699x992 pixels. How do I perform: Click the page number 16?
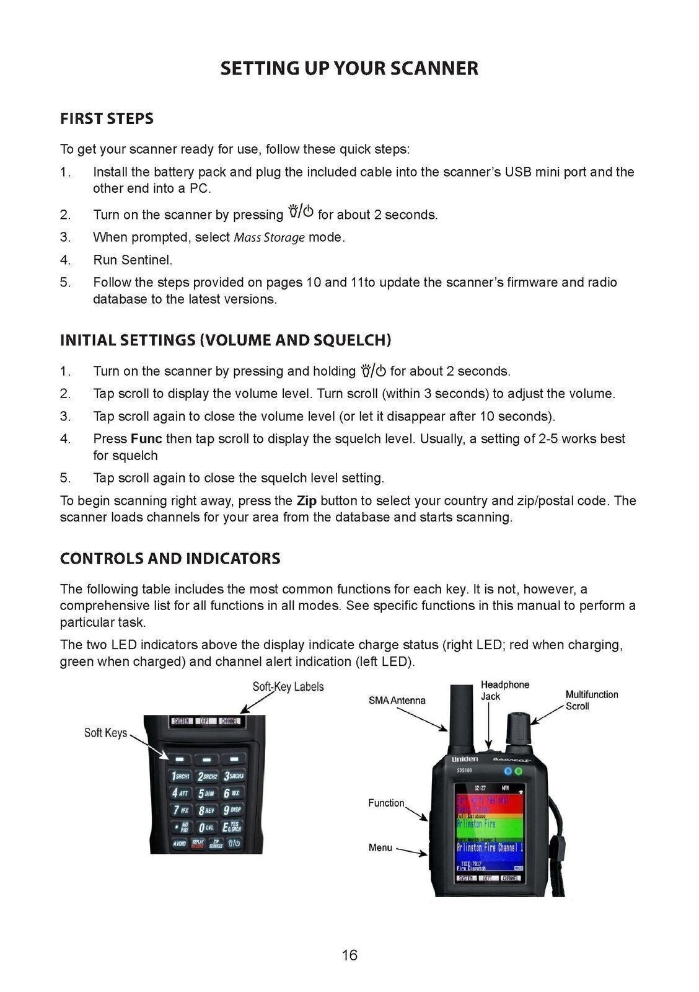coord(349,955)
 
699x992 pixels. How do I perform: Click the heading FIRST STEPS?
coord(107,118)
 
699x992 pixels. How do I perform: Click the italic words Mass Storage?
coord(269,237)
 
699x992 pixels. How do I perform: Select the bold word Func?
coord(146,439)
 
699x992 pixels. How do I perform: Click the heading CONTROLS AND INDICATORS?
coord(170,559)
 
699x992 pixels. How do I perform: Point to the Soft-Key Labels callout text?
coord(288,687)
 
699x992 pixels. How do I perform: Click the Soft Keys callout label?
coord(105,733)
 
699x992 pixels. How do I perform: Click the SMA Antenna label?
coord(397,701)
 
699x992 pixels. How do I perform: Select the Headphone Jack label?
coord(505,691)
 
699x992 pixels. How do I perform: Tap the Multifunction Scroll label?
coord(591,701)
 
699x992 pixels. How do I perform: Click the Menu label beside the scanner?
coord(380,848)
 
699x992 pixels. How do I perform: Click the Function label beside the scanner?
coord(386,804)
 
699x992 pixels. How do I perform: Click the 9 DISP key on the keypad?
coord(232,810)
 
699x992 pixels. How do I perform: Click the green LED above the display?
coord(519,771)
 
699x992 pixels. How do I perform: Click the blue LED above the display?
coord(508,771)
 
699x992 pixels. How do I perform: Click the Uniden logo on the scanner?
coord(465,759)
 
